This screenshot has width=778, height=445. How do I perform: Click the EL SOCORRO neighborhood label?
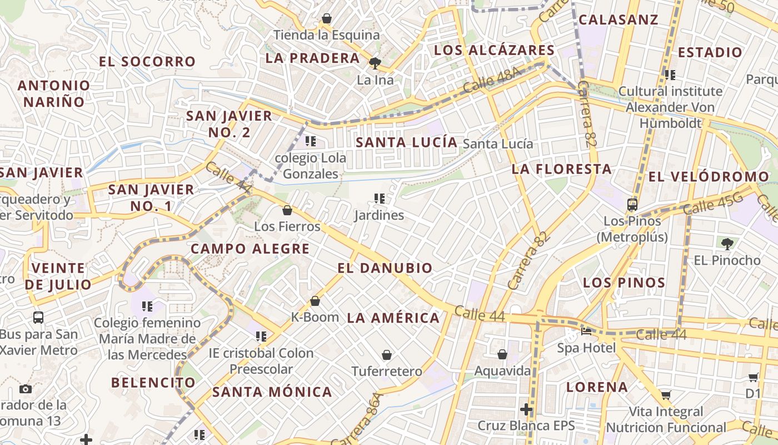coord(147,62)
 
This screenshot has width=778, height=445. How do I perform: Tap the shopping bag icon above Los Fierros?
coord(287,210)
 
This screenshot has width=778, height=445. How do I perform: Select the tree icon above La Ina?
coord(375,63)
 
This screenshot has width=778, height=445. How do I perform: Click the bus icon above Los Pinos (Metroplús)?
coord(632,204)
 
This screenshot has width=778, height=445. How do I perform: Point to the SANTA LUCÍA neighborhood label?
coord(406,142)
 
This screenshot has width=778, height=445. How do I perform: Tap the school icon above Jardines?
coord(380,198)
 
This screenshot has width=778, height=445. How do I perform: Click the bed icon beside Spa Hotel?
coord(586,332)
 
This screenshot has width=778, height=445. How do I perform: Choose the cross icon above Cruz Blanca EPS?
coord(526,410)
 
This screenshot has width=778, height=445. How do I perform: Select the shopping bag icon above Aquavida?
coord(502,354)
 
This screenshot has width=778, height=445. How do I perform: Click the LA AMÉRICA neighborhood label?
coord(393,318)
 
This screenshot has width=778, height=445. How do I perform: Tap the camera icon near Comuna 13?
coord(26,389)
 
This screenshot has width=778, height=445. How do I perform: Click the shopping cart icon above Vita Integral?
coord(666,395)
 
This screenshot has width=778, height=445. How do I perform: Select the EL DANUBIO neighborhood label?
coord(385,268)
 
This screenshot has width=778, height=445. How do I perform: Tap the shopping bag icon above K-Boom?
coord(315,301)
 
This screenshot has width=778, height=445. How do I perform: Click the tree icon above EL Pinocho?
coord(727,243)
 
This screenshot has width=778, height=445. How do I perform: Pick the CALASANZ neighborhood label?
coord(619,20)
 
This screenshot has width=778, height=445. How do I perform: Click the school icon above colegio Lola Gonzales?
coord(311,141)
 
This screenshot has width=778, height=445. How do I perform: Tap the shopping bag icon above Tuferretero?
coord(387,354)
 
